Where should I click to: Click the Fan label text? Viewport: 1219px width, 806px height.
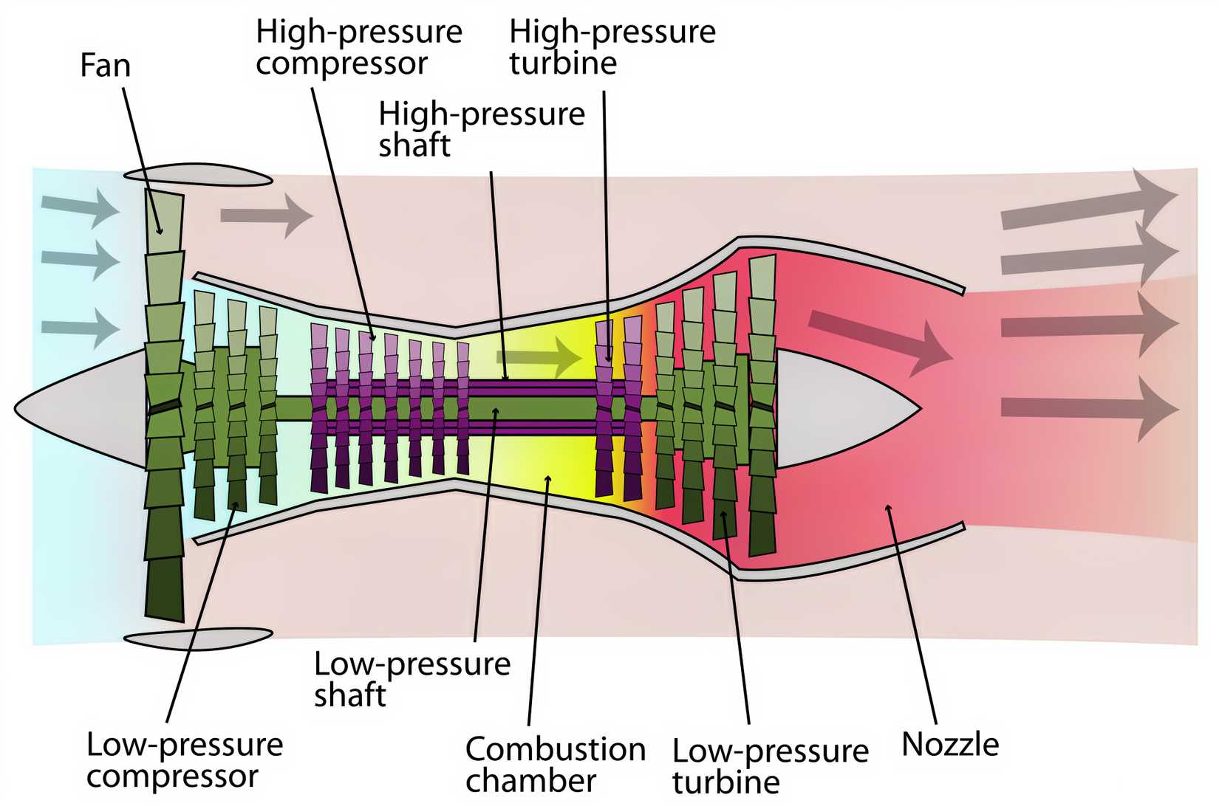coord(105,65)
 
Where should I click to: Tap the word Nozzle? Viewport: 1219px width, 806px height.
coord(950,744)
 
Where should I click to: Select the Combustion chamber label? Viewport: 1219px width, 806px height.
coord(555,765)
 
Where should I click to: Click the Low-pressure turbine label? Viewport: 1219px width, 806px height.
coord(770,766)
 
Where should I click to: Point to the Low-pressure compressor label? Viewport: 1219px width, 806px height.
coord(185,760)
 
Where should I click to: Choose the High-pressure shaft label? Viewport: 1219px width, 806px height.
coord(481,129)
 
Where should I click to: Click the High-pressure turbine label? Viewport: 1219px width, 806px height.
coord(612,47)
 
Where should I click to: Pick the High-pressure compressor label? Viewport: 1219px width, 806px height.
coord(358,47)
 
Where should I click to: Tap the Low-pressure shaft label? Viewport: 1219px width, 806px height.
coord(412,679)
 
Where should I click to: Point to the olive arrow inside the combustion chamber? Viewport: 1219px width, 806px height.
coord(539,356)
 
